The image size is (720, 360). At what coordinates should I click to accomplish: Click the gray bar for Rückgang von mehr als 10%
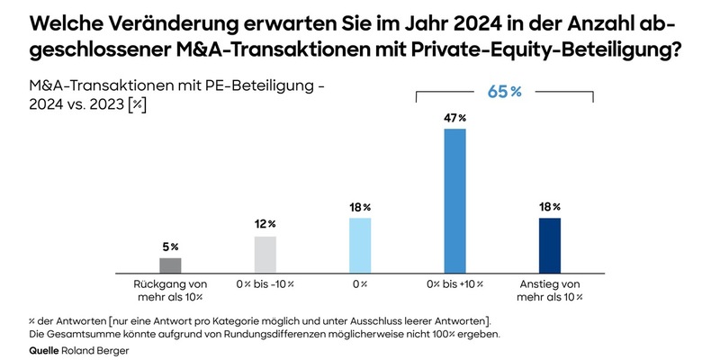click(170, 265)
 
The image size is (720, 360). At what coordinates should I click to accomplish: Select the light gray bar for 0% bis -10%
click(265, 254)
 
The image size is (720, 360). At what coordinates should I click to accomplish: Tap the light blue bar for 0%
click(360, 244)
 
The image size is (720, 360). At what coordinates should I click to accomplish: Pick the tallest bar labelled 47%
click(455, 200)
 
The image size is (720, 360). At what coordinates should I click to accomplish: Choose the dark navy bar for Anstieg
click(550, 244)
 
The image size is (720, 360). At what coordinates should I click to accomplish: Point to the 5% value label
click(170, 247)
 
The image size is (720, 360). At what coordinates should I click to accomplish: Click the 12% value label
click(265, 224)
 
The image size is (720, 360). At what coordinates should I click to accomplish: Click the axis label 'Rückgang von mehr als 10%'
click(170, 290)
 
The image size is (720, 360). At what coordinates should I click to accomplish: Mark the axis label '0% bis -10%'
click(265, 284)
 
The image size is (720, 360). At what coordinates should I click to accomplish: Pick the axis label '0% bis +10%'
click(455, 284)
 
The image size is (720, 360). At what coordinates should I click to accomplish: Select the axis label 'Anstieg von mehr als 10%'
click(550, 290)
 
